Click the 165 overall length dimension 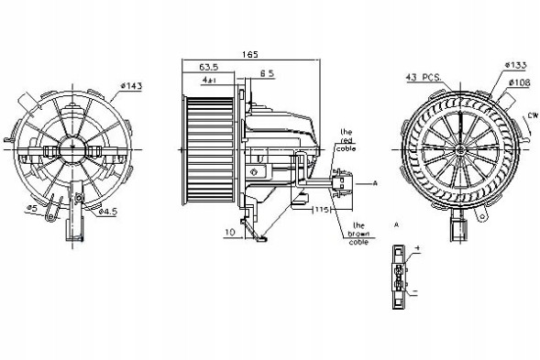[x=248, y=54]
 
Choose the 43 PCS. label [x=424, y=77]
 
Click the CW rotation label [x=531, y=115]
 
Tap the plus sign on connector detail [x=417, y=248]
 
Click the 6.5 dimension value [x=267, y=73]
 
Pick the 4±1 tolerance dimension [x=209, y=81]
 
